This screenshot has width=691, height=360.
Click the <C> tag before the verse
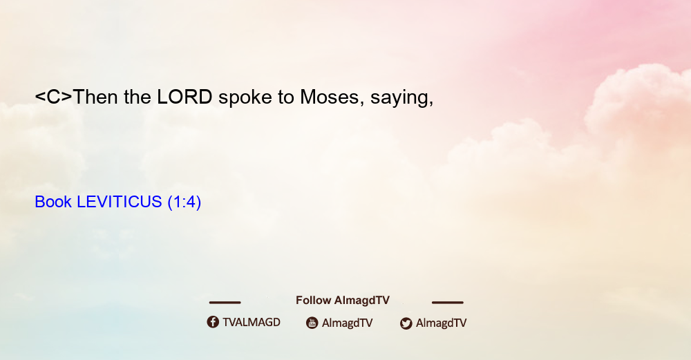pos(53,97)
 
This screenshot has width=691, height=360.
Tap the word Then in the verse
pos(95,97)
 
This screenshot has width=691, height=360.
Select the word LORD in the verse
pos(184,97)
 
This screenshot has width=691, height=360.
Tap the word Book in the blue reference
pos(53,202)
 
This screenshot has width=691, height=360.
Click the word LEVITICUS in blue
pos(120,202)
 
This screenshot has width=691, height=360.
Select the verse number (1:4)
pos(184,202)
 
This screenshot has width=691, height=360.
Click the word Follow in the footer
pos(313,301)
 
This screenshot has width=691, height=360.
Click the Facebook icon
pos(213,322)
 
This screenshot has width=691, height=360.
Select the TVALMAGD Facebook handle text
pos(252,323)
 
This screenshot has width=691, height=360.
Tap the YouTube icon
pos(312,323)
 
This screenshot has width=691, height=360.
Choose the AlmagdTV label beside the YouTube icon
pos(348,323)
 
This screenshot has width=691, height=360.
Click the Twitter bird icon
pos(406,323)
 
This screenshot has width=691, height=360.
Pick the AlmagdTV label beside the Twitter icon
pos(441,323)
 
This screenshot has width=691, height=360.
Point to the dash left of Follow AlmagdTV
pos(225,303)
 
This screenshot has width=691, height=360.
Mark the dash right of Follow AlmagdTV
pos(448,303)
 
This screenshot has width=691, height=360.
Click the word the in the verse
pos(138,97)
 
